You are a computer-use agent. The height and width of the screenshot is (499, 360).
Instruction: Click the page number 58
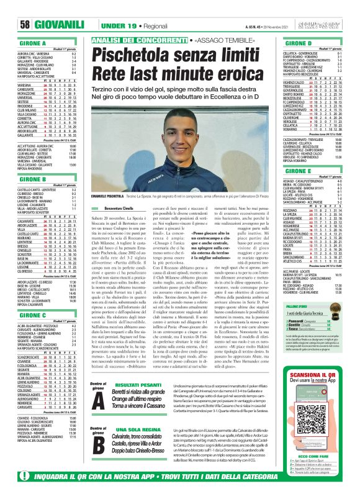pos(10,8)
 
